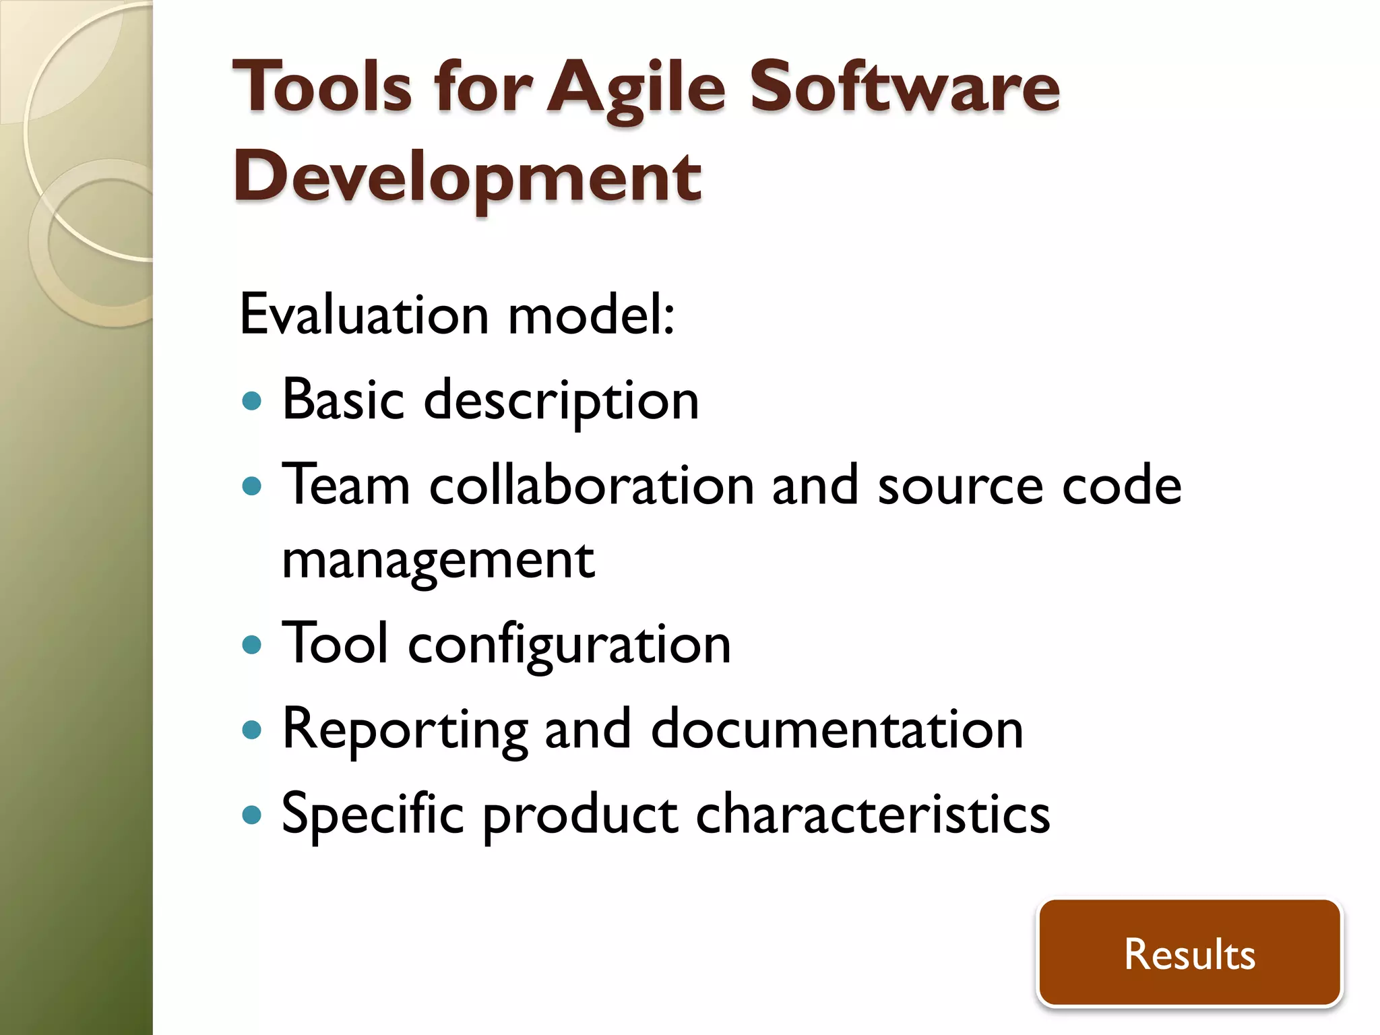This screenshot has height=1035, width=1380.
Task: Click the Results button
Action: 1189,953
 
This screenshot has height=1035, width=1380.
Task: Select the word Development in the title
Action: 467,177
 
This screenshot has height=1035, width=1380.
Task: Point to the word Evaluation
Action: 364,315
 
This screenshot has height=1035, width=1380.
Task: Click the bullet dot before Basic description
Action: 251,402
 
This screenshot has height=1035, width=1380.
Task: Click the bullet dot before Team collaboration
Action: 251,486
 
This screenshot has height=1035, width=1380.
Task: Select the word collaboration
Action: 592,486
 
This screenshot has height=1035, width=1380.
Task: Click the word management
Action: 438,561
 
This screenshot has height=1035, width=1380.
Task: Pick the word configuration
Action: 569,645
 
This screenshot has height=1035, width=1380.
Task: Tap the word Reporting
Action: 404,730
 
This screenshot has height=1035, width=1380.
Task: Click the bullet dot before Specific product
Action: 251,815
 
